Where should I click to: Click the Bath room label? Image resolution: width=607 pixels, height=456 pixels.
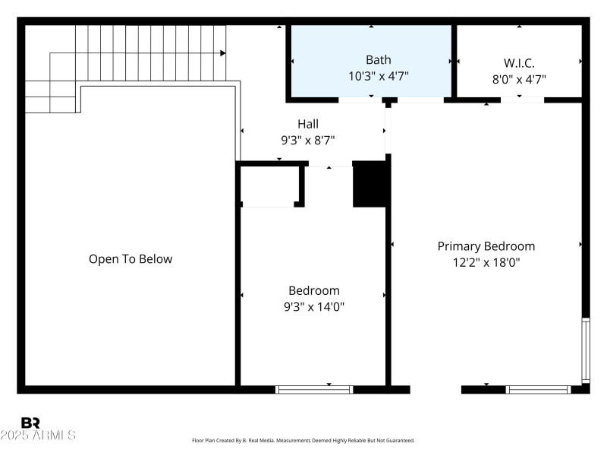pos(371,59)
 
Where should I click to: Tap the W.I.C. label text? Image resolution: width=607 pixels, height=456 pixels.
pos(519,63)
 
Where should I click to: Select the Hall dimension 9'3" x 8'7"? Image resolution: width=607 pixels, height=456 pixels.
pos(308,140)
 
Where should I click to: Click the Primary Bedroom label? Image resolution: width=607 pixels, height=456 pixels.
pos(486,246)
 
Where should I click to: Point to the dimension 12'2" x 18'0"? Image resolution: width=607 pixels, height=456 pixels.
pos(486,262)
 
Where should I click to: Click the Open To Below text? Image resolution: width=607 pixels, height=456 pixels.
pos(131,259)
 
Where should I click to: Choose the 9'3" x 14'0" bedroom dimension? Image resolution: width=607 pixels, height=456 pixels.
pos(313,306)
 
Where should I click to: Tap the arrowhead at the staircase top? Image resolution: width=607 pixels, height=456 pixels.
pos(223,53)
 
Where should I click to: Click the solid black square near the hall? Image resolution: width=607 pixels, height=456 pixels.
pos(370,185)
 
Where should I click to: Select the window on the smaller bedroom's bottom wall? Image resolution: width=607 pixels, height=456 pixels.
pos(314,390)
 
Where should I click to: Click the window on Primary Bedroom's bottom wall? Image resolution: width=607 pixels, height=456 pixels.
pos(538,390)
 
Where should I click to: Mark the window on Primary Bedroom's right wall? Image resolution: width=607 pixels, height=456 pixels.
pos(585,350)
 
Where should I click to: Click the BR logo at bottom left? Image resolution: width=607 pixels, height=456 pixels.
pos(30,423)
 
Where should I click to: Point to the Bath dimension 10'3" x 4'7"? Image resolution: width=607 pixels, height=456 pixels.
pos(371,76)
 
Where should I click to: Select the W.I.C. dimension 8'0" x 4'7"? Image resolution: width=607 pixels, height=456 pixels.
pos(519,78)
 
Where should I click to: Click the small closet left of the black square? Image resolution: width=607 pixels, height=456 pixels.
pos(269,185)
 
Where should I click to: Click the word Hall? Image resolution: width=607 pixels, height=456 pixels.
pos(308,124)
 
